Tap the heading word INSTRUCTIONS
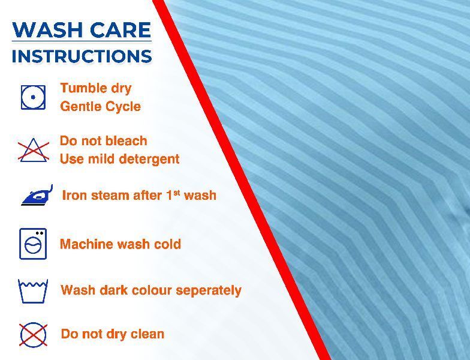[82, 56]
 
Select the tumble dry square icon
[33, 97]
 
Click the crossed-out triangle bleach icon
[34, 150]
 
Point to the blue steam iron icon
[37, 196]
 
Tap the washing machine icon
[33, 244]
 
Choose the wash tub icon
[33, 291]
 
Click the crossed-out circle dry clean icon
[34, 335]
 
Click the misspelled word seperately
[209, 290]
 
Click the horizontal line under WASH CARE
[82, 41]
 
